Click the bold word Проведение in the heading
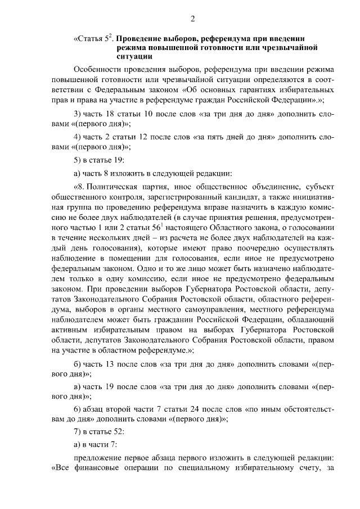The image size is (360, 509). pos(141,39)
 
